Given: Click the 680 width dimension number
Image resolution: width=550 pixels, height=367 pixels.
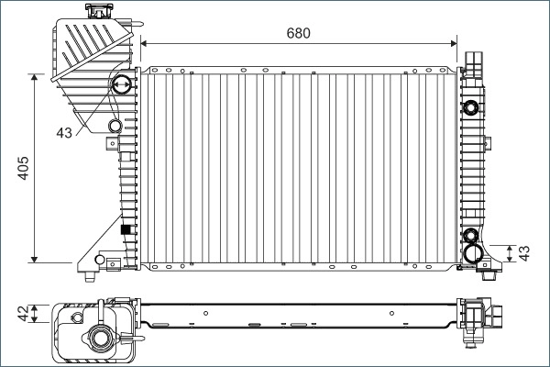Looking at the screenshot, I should pyautogui.click(x=299, y=33).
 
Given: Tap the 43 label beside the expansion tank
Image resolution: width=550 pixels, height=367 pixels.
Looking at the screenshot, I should pyautogui.click(x=63, y=134).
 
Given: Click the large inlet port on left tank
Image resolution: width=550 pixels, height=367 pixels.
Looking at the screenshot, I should pyautogui.click(x=119, y=87).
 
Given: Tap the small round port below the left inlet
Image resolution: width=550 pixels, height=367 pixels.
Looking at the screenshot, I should pyautogui.click(x=115, y=126).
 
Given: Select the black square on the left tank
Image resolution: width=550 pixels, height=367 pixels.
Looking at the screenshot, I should pyautogui.click(x=126, y=229).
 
